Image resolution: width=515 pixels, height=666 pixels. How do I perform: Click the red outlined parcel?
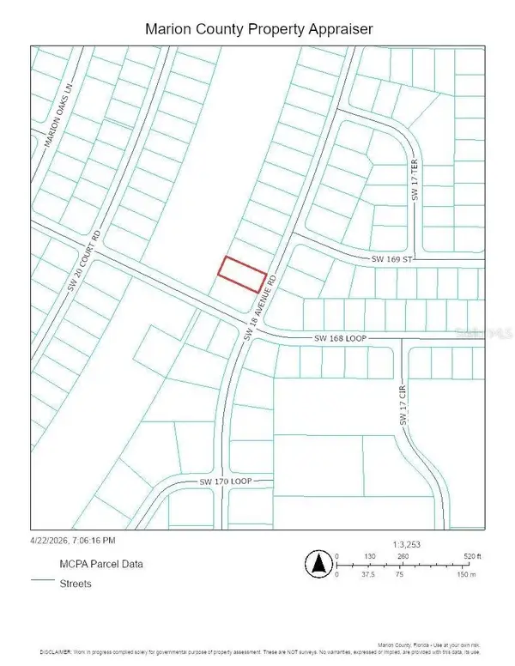point(241,274)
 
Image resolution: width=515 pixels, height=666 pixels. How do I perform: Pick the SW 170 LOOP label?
point(224,482)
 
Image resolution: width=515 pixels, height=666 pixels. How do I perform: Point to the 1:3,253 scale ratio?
point(406,544)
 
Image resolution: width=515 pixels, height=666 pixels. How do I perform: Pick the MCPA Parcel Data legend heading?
point(100,564)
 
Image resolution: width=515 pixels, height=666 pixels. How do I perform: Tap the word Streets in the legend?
point(76,584)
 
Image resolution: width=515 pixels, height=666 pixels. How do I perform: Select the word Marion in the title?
point(173,28)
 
